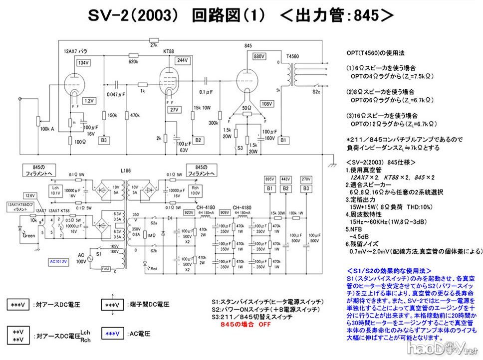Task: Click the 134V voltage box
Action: [x=83, y=63]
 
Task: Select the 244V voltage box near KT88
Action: [x=183, y=60]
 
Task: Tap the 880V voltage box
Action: [x=258, y=56]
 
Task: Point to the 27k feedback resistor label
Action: [x=154, y=45]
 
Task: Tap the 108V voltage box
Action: [x=267, y=104]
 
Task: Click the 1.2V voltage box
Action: [x=89, y=101]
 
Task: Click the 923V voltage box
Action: [x=189, y=212]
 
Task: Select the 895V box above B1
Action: [x=269, y=179]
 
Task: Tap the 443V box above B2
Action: [x=286, y=179]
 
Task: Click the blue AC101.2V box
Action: [x=58, y=260]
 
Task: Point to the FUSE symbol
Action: [x=105, y=268]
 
